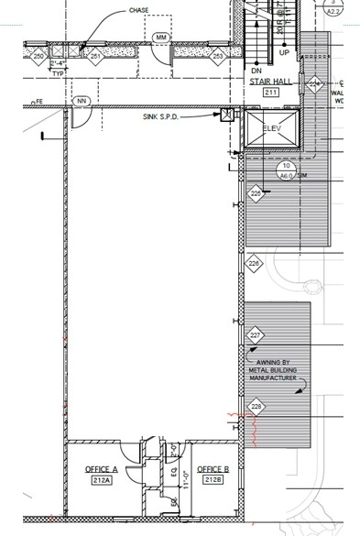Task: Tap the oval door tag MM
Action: (x=161, y=37)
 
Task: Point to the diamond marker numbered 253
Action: (x=217, y=56)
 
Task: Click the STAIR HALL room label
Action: (x=270, y=82)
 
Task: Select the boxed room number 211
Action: (x=271, y=93)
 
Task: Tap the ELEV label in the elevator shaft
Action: (x=273, y=127)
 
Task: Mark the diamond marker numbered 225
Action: (x=256, y=193)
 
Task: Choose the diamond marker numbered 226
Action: (x=255, y=264)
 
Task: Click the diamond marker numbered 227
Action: (x=256, y=335)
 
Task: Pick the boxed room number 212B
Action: (x=213, y=479)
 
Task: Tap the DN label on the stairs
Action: (x=257, y=69)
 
